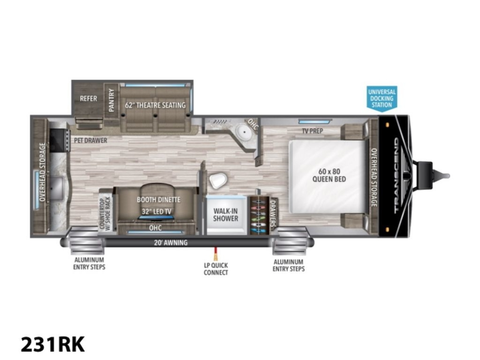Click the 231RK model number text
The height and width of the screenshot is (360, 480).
52,344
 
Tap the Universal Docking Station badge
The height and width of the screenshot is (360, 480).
382,98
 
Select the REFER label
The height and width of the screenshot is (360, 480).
88,98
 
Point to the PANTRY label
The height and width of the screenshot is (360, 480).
112,100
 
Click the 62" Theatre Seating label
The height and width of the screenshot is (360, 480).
155,105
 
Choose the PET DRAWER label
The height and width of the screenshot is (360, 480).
90,140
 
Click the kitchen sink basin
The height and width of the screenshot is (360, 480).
56,188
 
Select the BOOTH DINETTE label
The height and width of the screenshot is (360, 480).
158,200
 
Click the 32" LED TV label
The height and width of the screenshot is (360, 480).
156,212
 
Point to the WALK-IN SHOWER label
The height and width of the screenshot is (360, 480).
226,215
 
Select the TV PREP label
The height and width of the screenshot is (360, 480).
312,131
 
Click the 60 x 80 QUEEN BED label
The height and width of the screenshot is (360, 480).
329,175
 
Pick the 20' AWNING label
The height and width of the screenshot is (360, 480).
171,243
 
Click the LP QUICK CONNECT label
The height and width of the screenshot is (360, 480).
216,269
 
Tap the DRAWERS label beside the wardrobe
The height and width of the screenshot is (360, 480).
272,213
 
